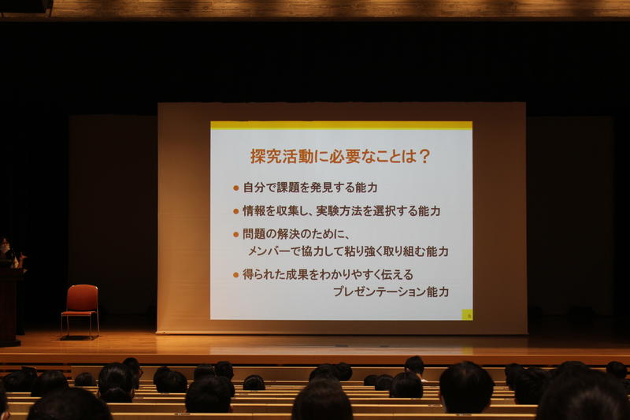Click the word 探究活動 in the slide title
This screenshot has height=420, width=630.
(x=282, y=156)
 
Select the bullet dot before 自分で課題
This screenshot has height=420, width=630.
(x=235, y=188)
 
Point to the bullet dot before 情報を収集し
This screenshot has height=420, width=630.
(x=235, y=211)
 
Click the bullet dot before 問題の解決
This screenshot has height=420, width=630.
(x=235, y=234)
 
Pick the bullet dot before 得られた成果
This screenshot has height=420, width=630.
(x=235, y=275)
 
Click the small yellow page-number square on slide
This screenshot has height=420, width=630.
(x=467, y=314)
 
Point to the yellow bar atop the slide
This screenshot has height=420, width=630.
(x=341, y=125)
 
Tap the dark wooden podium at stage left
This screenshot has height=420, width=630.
(x=9, y=305)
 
